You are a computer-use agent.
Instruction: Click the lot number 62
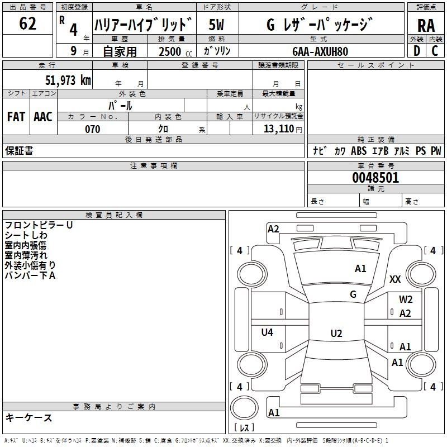[x=28, y=24]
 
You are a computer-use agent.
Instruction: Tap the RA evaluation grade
[x=426, y=25]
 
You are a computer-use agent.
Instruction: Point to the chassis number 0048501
[x=375, y=178]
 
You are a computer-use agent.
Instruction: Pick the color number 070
[x=92, y=129]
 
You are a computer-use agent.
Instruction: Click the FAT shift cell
[x=16, y=116]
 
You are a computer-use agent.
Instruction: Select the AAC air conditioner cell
[x=42, y=116]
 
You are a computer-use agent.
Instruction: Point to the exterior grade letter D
[x=416, y=51]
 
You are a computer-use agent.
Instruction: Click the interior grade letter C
[x=435, y=51]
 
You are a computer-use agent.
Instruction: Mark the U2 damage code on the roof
[x=336, y=334]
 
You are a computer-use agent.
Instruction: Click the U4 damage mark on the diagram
[x=267, y=332]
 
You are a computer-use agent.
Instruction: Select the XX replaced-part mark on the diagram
[x=396, y=279]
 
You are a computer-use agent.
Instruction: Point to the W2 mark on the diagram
[x=406, y=299]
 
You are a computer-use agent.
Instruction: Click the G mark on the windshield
[x=353, y=294]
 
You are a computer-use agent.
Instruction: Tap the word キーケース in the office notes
[x=29, y=418]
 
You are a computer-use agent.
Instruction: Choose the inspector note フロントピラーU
[x=39, y=225]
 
